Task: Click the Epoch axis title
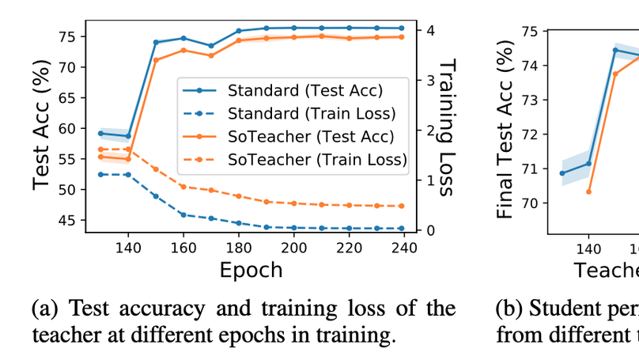tap(251, 270)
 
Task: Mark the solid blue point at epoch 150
tap(156, 42)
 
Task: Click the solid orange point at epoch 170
tap(211, 55)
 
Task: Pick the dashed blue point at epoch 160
tap(183, 214)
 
